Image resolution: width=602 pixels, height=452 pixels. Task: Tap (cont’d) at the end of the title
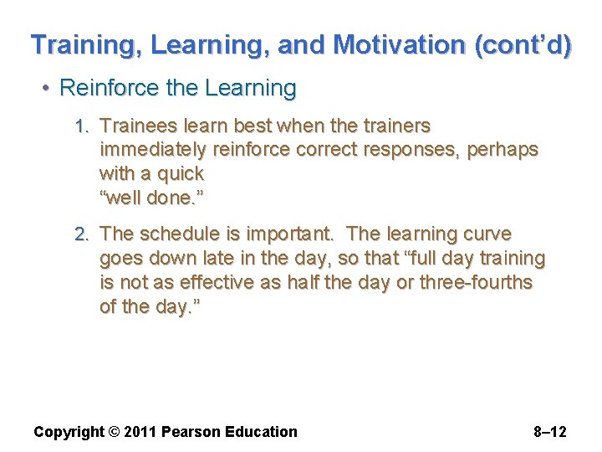523,44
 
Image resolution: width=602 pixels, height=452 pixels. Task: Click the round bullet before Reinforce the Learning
49,89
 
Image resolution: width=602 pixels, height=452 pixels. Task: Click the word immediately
153,150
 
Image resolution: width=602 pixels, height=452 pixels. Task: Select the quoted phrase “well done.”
152,199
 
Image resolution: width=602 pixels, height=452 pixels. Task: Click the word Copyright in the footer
69,432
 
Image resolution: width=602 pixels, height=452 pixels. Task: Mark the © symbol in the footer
114,432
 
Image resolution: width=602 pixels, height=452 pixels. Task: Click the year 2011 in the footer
140,432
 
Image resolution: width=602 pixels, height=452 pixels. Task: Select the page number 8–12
549,432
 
